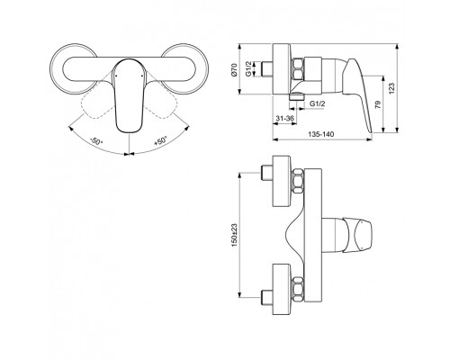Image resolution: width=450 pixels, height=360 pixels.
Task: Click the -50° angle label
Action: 94,141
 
